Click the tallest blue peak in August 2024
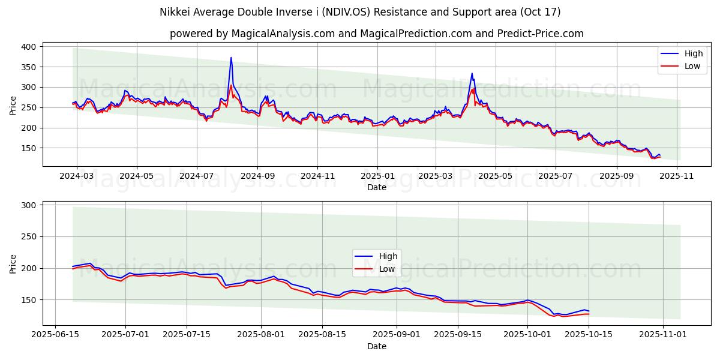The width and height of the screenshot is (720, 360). coord(231,58)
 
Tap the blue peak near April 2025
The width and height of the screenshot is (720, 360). coord(472,74)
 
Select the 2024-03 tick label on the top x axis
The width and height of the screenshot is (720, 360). coord(77,176)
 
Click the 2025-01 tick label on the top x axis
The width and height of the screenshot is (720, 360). coord(377,176)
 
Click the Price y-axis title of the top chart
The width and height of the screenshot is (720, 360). coord(13,106)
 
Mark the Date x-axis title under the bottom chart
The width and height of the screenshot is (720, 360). coord(377,346)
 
